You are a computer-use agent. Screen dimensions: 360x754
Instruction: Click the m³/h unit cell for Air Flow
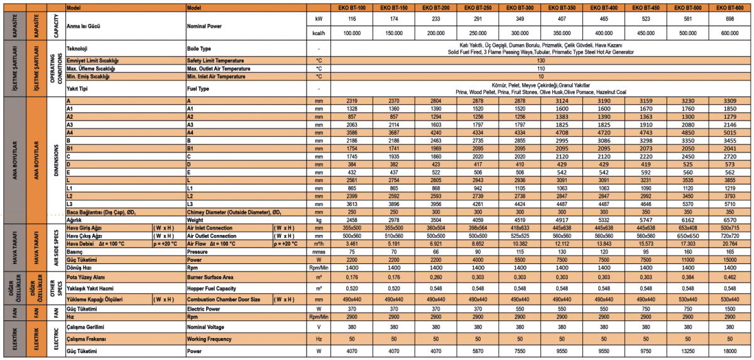pyautogui.click(x=319, y=243)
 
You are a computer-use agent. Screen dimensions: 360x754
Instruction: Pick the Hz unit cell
pyautogui.click(x=319, y=339)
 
